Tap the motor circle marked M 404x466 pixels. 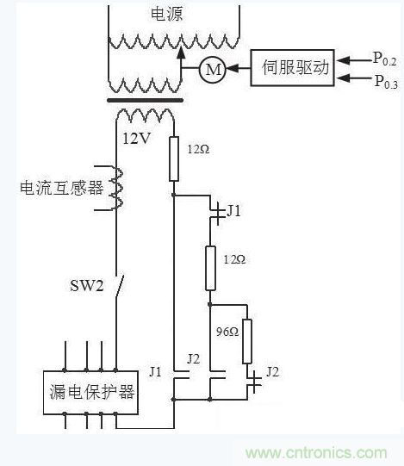tap(212, 71)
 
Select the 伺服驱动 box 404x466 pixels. tap(292, 68)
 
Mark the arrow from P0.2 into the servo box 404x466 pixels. tap(352, 59)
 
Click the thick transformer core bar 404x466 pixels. tap(144, 101)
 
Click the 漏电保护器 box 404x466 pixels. tap(90, 392)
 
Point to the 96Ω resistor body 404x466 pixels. tap(247, 340)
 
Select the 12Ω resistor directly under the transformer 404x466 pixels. tap(173, 160)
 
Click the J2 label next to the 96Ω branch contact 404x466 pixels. tap(271, 372)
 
